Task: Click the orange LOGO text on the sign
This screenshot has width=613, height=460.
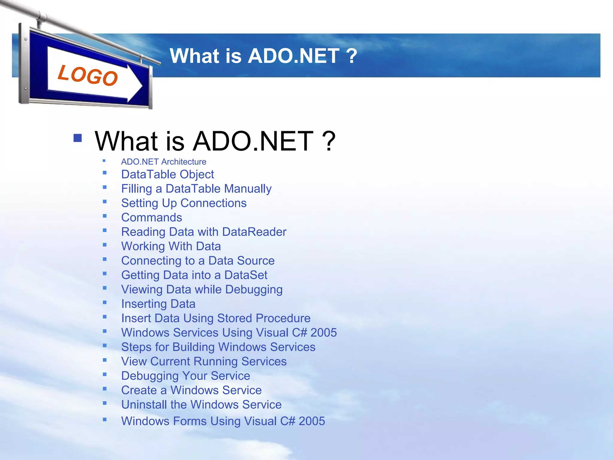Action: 88,75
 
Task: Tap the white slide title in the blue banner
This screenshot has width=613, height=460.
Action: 263,56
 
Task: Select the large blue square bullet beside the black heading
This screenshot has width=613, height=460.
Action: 78,138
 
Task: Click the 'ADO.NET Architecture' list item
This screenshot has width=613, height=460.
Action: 163,162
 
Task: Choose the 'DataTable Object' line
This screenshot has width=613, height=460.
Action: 167,174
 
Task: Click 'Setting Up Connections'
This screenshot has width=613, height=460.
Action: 184,203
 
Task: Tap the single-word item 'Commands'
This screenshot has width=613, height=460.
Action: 151,217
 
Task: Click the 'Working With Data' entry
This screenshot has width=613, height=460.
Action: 171,246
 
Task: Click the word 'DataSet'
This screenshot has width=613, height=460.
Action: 246,275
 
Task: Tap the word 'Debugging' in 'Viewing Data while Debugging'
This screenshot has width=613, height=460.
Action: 254,290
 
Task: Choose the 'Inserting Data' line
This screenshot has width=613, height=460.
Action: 158,304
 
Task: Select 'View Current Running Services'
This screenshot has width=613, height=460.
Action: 204,361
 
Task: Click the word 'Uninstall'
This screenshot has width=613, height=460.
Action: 144,405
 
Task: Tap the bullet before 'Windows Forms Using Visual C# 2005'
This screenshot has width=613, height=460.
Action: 105,420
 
